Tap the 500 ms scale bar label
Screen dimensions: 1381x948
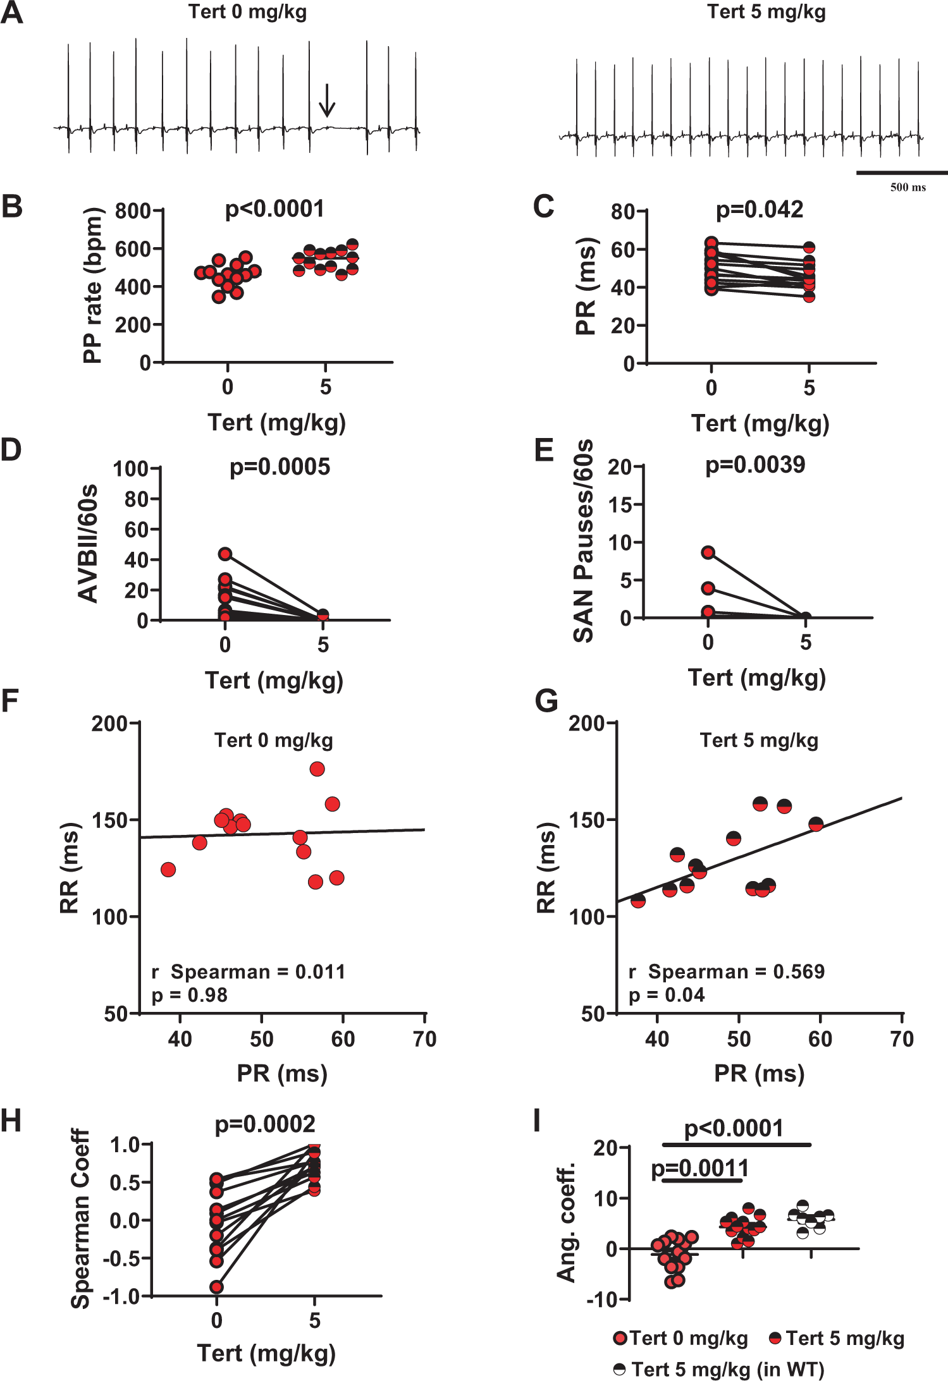[x=908, y=187]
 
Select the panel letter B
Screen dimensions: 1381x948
[x=11, y=207]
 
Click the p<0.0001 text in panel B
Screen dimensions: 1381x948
[x=274, y=209]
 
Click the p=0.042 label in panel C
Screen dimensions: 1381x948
[x=759, y=209]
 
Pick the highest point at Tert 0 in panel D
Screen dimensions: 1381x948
[x=225, y=554]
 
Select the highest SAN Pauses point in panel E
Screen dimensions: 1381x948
[x=708, y=553]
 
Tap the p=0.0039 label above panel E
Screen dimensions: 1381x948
[x=755, y=465]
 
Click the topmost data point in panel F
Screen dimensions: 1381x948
[x=317, y=769]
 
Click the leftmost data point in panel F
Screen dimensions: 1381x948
[x=168, y=870]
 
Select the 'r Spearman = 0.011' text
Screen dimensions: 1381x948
[x=249, y=971]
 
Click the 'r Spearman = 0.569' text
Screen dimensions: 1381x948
[x=727, y=971]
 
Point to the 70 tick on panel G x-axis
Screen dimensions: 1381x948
[x=901, y=1039]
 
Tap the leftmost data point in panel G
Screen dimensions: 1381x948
[x=638, y=901]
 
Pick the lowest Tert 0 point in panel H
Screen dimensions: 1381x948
[x=217, y=1287]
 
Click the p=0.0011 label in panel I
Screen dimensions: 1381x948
[x=699, y=1169]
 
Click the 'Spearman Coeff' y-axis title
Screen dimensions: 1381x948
[x=80, y=1219]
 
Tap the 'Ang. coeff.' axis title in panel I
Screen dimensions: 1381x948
[x=566, y=1222]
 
